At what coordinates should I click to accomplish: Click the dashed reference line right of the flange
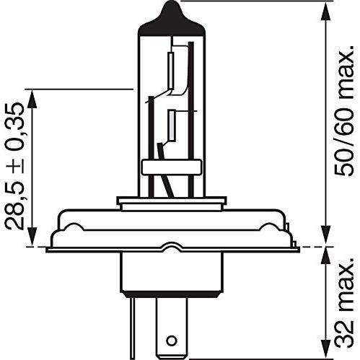coord(314,247)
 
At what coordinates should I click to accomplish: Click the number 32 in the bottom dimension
coord(346,333)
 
